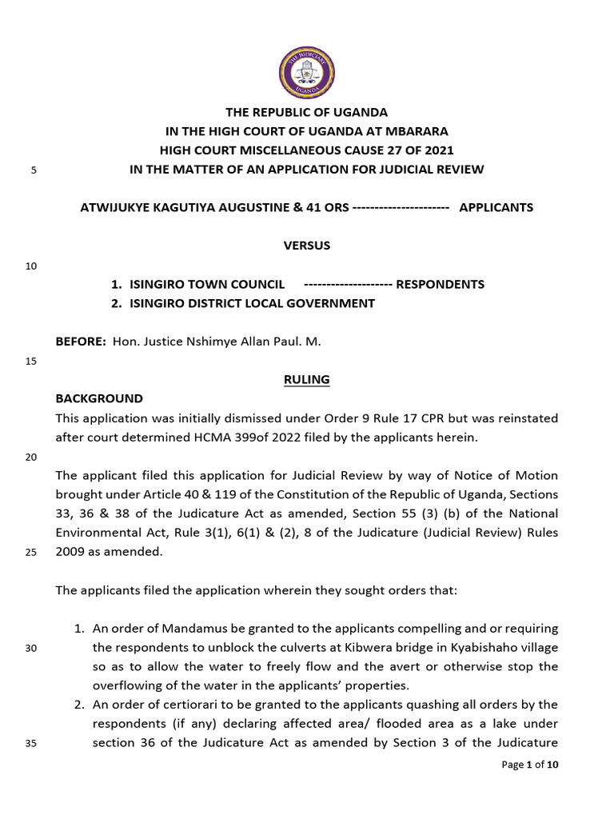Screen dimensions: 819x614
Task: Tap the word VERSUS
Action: point(307,246)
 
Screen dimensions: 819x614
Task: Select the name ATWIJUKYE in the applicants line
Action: point(115,207)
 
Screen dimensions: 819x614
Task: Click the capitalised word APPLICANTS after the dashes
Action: point(496,207)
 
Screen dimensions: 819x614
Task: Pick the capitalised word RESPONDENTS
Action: point(441,284)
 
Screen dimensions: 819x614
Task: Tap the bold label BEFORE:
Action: point(81,342)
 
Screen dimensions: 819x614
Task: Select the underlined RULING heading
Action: point(307,380)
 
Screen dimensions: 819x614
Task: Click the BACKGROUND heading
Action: point(99,398)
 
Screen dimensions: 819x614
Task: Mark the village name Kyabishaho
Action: point(480,647)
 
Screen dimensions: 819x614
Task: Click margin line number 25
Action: point(32,552)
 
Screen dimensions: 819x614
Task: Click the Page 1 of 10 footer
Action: point(530,765)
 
